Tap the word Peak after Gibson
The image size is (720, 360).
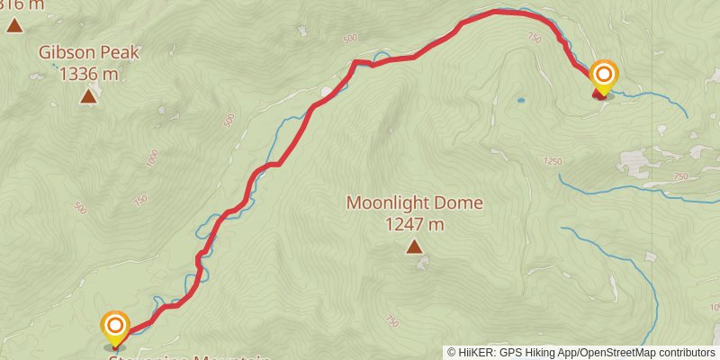coord(120,53)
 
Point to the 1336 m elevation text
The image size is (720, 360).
coord(88,75)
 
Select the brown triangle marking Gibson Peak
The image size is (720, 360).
coord(88,95)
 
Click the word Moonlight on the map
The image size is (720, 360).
coord(384,203)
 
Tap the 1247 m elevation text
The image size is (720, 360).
coord(414,224)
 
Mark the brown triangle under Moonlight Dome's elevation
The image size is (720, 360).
coord(414,246)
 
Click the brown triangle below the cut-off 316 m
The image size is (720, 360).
coord(14,25)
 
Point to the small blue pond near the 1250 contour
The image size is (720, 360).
coord(519,101)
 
